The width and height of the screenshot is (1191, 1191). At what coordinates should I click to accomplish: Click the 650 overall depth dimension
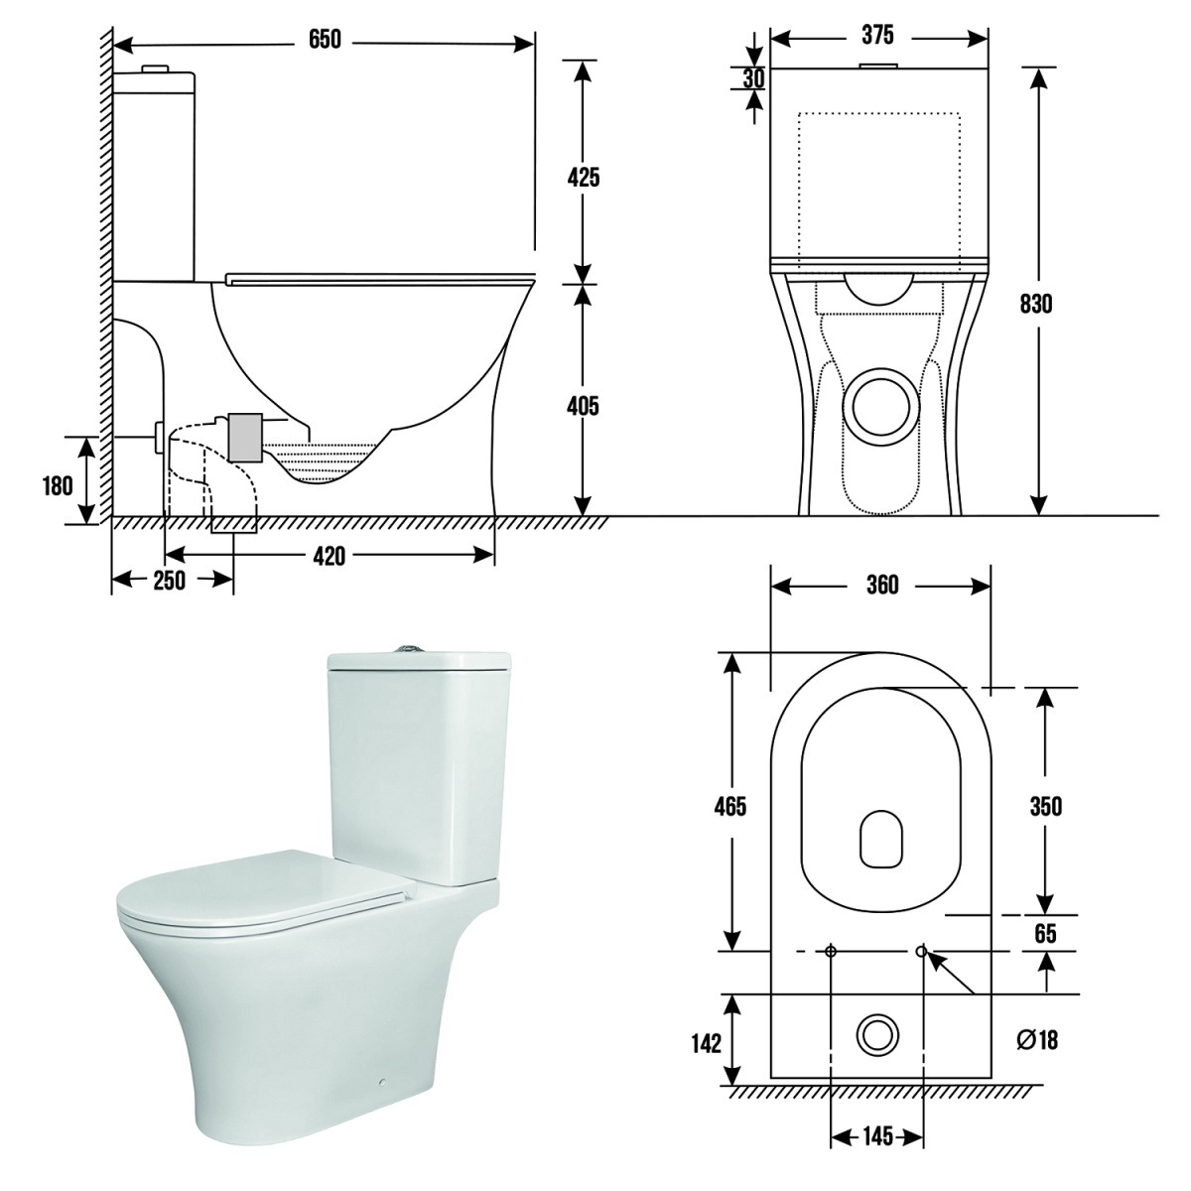click(x=325, y=40)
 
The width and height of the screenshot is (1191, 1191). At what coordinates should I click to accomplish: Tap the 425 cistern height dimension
click(x=584, y=178)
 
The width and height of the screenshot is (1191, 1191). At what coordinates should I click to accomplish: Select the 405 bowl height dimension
click(x=583, y=406)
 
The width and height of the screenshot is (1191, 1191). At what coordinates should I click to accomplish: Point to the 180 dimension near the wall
click(x=58, y=485)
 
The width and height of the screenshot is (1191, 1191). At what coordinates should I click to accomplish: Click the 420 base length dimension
click(x=329, y=556)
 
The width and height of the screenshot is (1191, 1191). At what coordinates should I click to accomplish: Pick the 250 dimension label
click(x=169, y=581)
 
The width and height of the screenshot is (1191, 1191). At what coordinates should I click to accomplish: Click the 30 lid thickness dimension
click(x=753, y=78)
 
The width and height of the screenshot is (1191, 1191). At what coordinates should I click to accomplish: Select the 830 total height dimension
click(x=1036, y=304)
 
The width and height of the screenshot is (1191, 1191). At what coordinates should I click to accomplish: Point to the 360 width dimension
click(x=882, y=585)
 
